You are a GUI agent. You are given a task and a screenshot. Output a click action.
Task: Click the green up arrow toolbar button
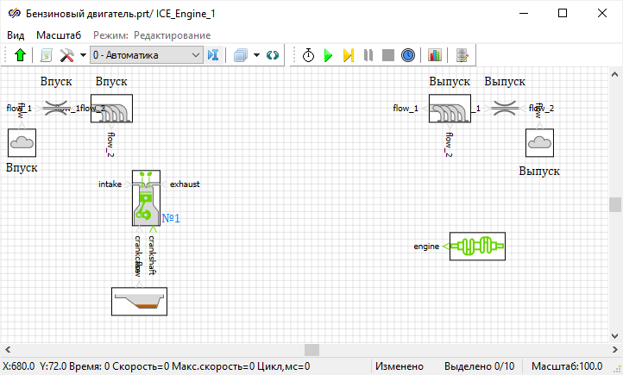click(21, 55)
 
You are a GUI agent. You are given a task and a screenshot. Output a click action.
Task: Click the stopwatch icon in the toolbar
click(308, 55)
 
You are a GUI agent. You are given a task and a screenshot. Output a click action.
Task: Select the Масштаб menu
click(59, 35)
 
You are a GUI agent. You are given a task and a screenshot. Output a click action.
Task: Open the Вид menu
click(16, 35)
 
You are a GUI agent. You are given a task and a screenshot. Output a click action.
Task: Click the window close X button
click(601, 13)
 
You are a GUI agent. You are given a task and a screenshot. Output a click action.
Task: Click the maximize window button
click(563, 13)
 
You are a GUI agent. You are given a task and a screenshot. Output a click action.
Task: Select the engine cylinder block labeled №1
click(146, 198)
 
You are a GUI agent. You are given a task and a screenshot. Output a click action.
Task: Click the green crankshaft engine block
click(476, 246)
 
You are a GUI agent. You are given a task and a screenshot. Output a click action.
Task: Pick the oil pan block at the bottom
click(139, 301)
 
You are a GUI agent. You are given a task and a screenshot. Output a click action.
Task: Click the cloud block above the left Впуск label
click(21, 141)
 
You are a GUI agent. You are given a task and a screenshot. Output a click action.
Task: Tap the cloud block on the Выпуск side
click(539, 141)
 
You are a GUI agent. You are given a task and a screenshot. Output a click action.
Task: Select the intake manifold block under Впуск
click(110, 109)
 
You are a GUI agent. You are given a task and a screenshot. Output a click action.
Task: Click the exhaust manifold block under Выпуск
click(450, 109)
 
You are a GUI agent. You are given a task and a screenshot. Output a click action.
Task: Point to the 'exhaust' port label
click(185, 184)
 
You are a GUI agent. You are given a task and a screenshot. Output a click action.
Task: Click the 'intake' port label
click(110, 184)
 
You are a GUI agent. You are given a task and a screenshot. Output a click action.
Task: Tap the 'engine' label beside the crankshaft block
click(426, 247)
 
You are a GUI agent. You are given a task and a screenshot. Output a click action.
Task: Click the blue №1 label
click(171, 219)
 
